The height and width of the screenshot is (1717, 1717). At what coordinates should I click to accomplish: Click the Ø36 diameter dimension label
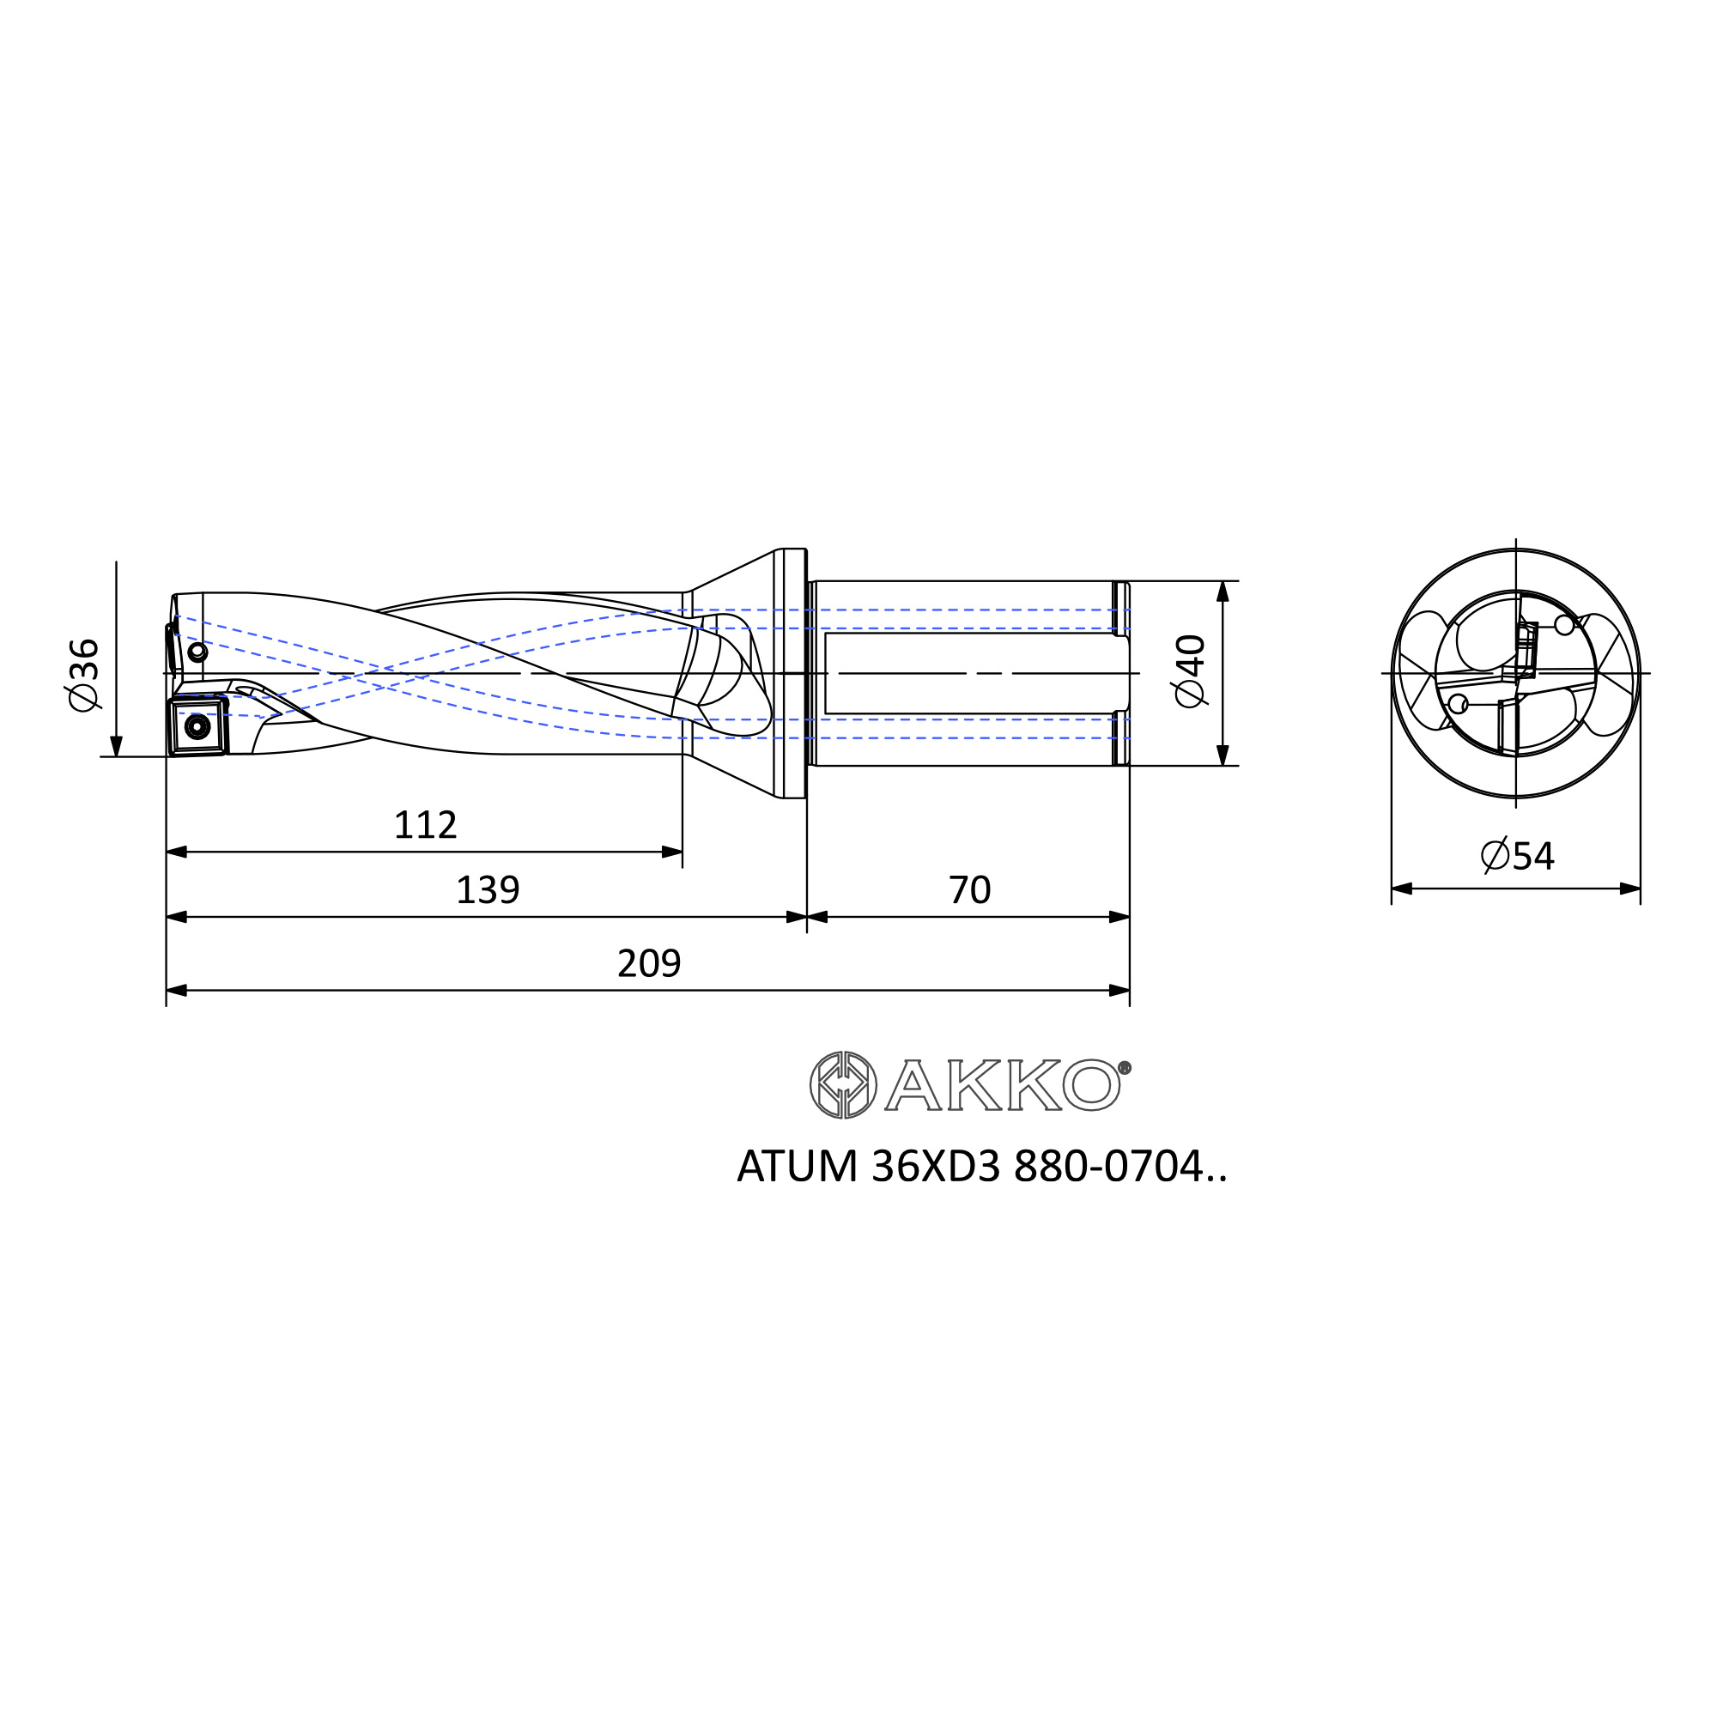coord(84,675)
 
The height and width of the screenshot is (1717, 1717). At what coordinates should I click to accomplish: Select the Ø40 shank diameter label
coord(1190,672)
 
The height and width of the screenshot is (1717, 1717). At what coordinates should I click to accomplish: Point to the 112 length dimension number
coord(426,826)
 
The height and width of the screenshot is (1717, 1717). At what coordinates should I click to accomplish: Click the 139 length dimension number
coord(488,889)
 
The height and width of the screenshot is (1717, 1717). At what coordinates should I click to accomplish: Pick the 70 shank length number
coord(969,889)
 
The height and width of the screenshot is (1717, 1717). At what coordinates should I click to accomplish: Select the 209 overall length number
coord(650,963)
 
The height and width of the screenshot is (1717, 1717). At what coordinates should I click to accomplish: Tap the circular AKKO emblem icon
coord(842,1084)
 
